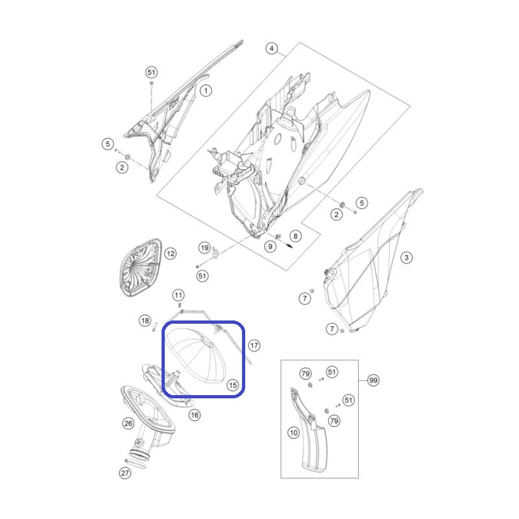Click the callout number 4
[x=271, y=49]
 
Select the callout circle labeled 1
[x=206, y=90]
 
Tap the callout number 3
[x=407, y=257]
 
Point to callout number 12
[x=171, y=254]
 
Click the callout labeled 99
[x=374, y=380]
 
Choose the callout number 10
[x=294, y=432]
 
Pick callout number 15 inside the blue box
[x=233, y=385]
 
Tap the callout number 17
[x=254, y=346]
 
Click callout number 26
[x=128, y=423]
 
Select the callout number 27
[x=125, y=473]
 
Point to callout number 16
[x=195, y=415]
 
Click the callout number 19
[x=204, y=248]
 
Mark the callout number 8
[x=296, y=236]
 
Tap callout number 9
[x=271, y=247]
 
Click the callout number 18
[x=145, y=320]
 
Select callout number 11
[x=178, y=295]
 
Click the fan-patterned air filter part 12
[x=140, y=267]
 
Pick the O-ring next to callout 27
[x=136, y=463]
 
